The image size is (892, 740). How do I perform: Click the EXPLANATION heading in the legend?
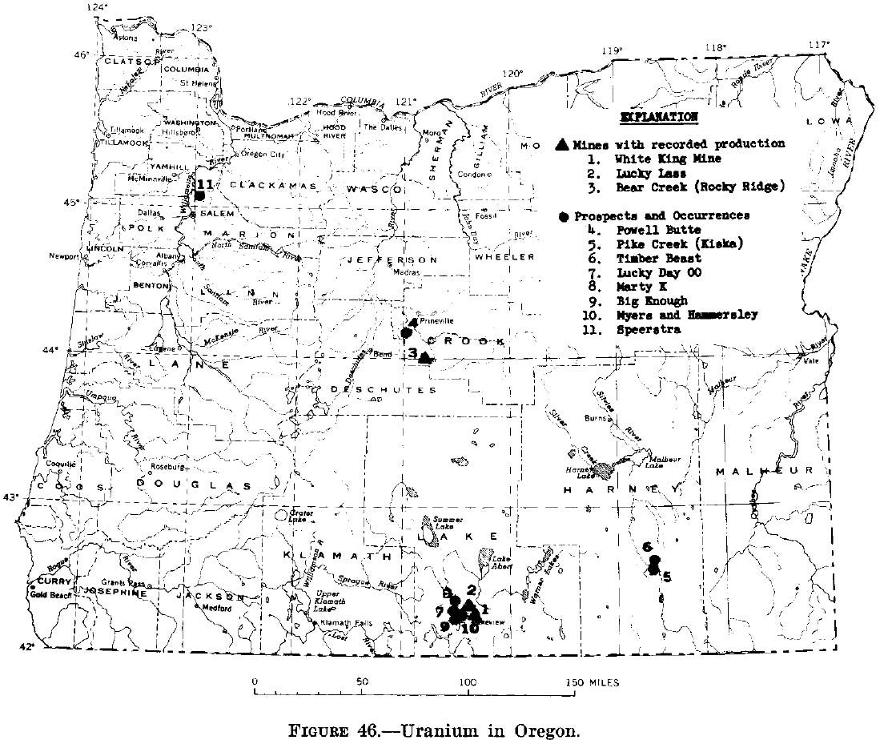tap(659, 117)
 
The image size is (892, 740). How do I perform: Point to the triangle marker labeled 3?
tap(425, 357)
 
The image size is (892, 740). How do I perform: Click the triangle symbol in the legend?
tap(562, 144)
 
